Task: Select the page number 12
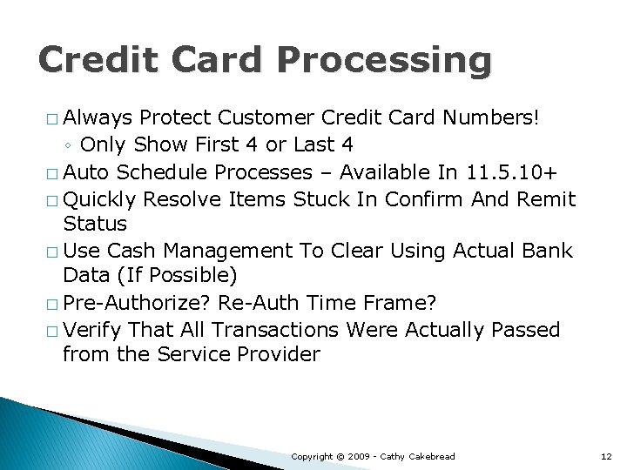(x=607, y=456)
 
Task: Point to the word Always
(x=98, y=117)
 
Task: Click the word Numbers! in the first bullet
(x=491, y=117)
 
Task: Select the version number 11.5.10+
(x=509, y=171)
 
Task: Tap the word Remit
(x=545, y=199)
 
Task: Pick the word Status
(x=95, y=224)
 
